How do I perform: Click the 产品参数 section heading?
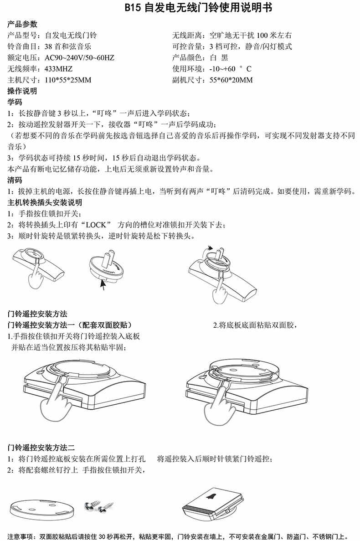(22, 24)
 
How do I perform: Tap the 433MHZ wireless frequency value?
(59, 69)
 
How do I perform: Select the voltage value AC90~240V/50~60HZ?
(80, 57)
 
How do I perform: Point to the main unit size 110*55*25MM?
(68, 80)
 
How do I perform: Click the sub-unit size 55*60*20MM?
(231, 80)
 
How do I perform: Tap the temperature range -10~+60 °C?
(230, 69)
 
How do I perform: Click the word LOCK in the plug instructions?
(96, 225)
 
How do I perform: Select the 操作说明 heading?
(22, 91)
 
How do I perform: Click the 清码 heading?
(15, 180)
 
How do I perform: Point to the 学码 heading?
(15, 102)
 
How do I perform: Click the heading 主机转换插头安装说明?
(45, 202)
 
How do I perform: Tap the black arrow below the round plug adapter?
(103, 285)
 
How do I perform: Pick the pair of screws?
(99, 507)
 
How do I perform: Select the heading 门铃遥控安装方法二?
(41, 448)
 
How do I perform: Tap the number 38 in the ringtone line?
(48, 46)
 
